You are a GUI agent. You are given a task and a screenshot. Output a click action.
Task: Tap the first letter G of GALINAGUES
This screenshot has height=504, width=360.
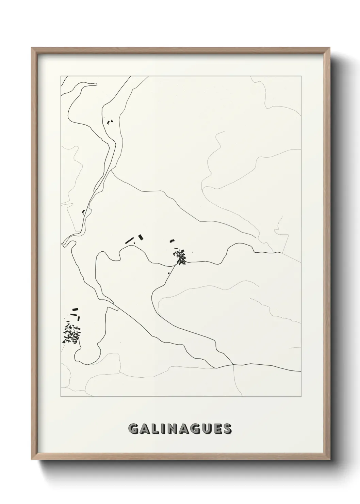tap(134, 429)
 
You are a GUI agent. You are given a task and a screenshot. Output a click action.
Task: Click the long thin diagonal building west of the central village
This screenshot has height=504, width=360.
tap(129, 240)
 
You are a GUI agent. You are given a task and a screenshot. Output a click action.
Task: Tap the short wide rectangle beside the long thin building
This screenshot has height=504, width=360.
tap(141, 237)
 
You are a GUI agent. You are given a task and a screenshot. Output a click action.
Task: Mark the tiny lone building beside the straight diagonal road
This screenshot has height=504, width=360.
tap(169, 273)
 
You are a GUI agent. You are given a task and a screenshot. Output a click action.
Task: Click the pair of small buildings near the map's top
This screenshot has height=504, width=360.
tap(110, 121)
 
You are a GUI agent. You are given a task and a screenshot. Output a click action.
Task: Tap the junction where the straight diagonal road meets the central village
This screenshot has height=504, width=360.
tap(176, 263)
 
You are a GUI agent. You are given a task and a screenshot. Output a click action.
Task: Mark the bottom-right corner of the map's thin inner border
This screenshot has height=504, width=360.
tap(301, 396)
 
